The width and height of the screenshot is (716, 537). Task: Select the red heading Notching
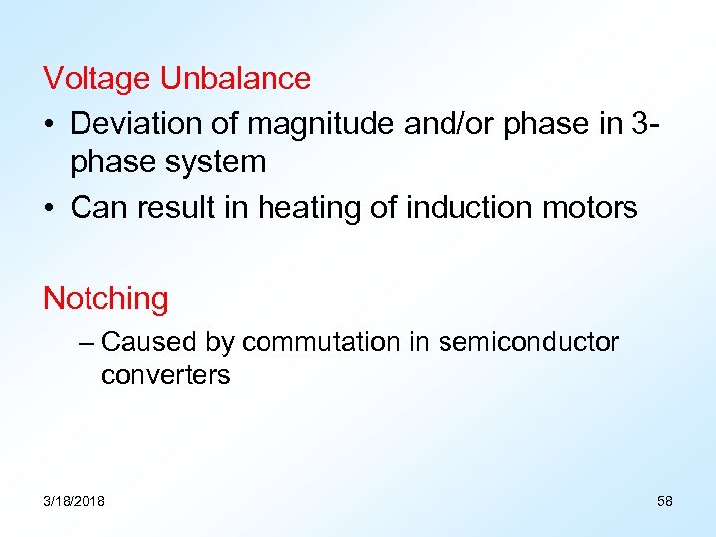105,298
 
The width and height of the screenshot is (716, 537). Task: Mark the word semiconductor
527,342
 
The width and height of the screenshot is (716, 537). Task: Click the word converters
165,375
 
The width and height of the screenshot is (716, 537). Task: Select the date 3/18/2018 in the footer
74,500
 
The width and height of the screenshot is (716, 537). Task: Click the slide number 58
664,500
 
